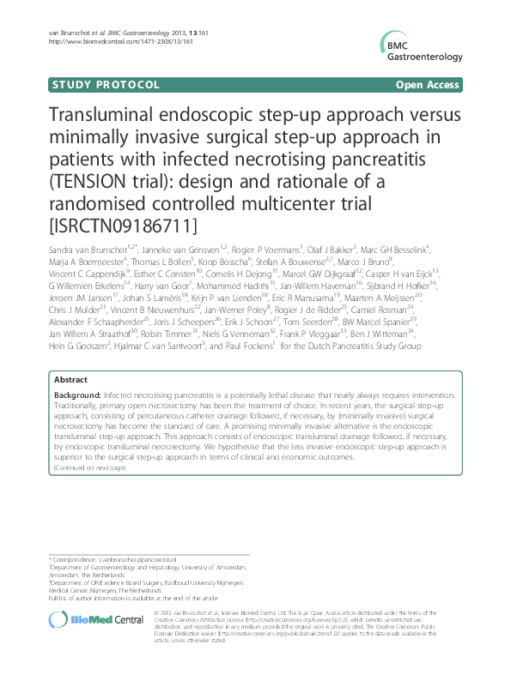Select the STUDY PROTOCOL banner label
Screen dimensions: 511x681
(x=106, y=85)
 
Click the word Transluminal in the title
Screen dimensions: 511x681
(x=109, y=116)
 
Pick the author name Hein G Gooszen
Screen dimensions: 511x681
(x=77, y=347)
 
